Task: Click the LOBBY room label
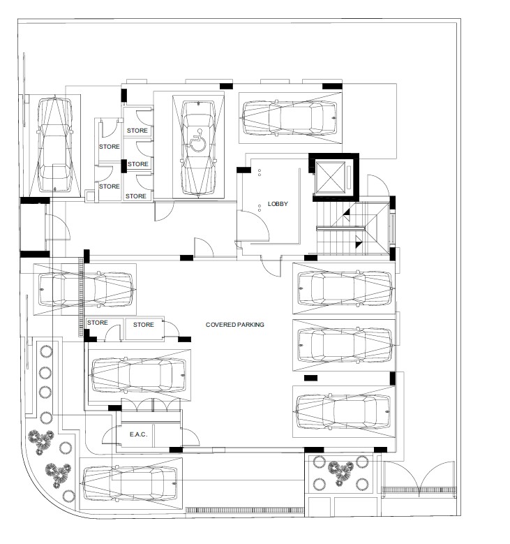pos(278,204)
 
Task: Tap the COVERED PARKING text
pos(234,325)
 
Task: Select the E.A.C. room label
pos(138,434)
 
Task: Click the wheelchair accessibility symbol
pos(198,140)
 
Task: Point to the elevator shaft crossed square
pos(331,177)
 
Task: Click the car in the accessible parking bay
pos(198,149)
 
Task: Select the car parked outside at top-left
pos(55,145)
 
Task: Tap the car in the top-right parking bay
pos(290,118)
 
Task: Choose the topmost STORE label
pos(137,131)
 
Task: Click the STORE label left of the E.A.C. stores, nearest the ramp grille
pos(98,323)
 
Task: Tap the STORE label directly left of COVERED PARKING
pos(144,325)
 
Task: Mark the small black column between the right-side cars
pos(310,378)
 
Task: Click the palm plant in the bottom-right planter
pos(340,472)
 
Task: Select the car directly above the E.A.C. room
pos(138,376)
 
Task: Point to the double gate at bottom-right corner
pos(419,479)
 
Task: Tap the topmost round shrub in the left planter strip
pos(46,351)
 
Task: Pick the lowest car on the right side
pos(343,411)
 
